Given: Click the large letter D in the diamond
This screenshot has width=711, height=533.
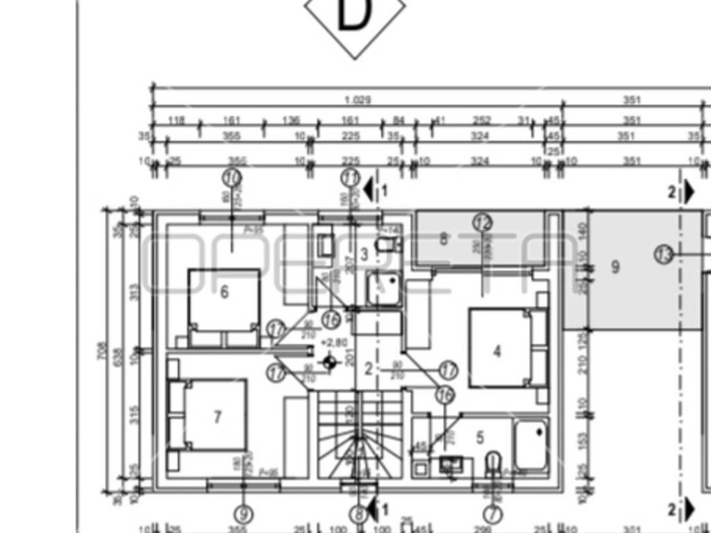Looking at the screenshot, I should [x=354, y=15].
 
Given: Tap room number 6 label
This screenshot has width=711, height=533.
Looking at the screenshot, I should [x=224, y=292].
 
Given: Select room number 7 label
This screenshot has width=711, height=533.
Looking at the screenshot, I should [x=217, y=417].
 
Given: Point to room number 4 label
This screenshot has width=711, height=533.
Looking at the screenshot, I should [x=496, y=352].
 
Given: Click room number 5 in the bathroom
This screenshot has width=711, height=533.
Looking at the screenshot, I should [x=480, y=437].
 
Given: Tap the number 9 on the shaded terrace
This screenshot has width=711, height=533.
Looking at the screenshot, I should [x=614, y=266].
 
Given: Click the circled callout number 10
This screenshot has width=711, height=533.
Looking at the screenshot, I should [x=233, y=178].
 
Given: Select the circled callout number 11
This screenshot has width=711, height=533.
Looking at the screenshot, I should [x=351, y=178].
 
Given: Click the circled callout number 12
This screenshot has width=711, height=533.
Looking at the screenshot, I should [x=483, y=223].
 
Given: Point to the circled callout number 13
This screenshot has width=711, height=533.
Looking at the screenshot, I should [x=664, y=254].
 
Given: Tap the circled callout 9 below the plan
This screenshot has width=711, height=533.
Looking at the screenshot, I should [x=243, y=514].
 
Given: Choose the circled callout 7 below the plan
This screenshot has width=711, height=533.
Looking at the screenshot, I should [x=492, y=514].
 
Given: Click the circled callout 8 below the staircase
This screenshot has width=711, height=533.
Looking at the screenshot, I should [x=358, y=514].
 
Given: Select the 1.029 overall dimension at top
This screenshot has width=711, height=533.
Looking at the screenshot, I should [x=357, y=100].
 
